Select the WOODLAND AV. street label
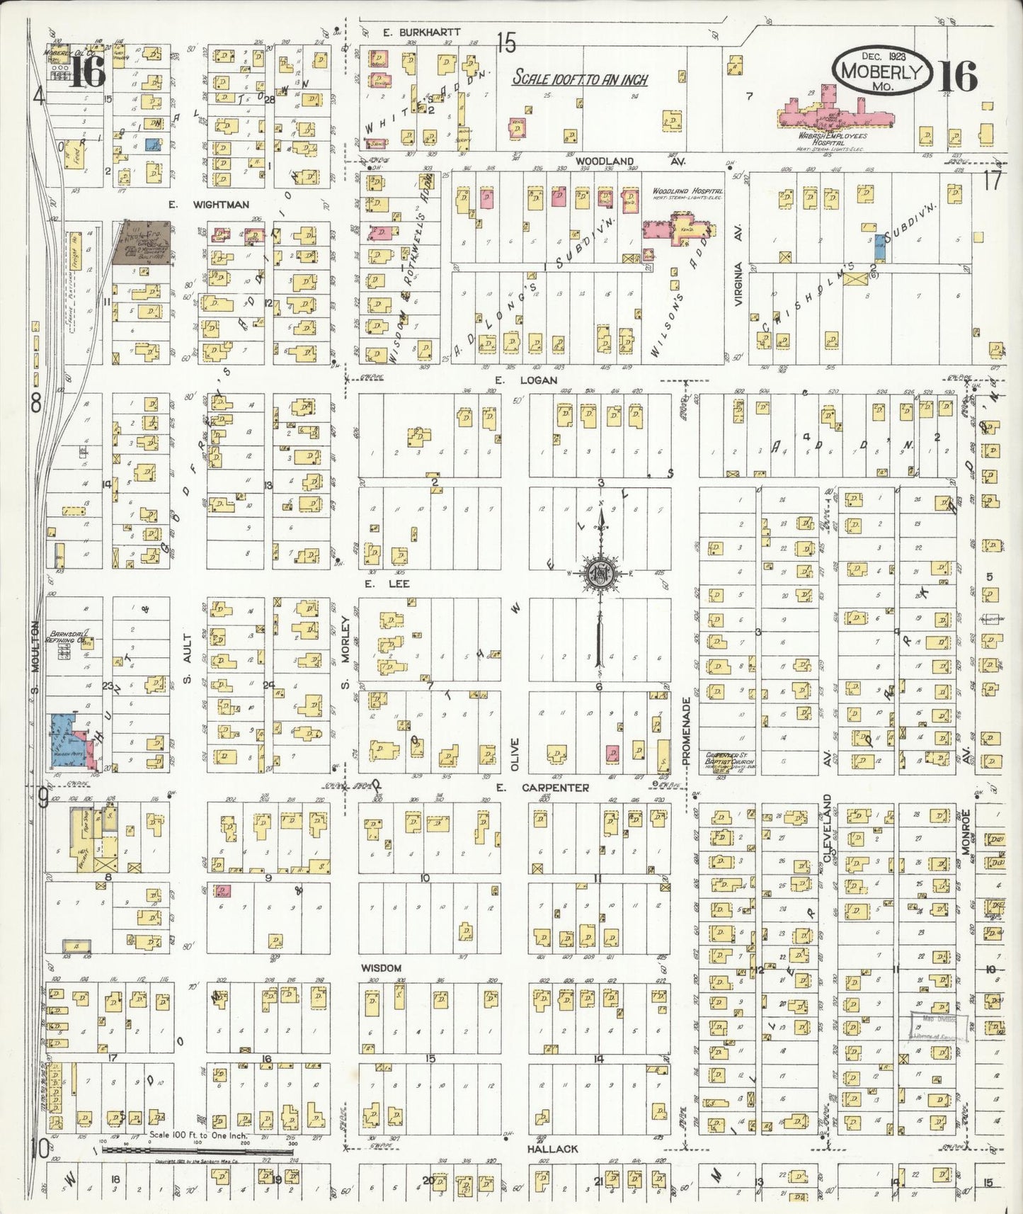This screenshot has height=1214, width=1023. pos(610,161)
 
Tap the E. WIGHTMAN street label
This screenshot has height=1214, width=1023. pos(208,205)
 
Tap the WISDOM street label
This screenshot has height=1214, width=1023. pos(381,968)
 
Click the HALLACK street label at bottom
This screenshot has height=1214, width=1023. pos(552,1148)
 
